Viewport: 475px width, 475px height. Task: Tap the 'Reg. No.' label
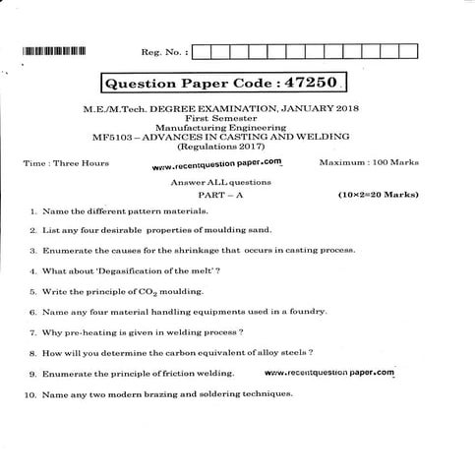click(161, 50)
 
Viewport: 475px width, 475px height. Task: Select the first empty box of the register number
click(203, 50)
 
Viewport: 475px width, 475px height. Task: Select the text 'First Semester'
click(239, 119)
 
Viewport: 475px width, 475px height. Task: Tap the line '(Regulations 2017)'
click(239, 145)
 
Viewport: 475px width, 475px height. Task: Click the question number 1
click(33, 211)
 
